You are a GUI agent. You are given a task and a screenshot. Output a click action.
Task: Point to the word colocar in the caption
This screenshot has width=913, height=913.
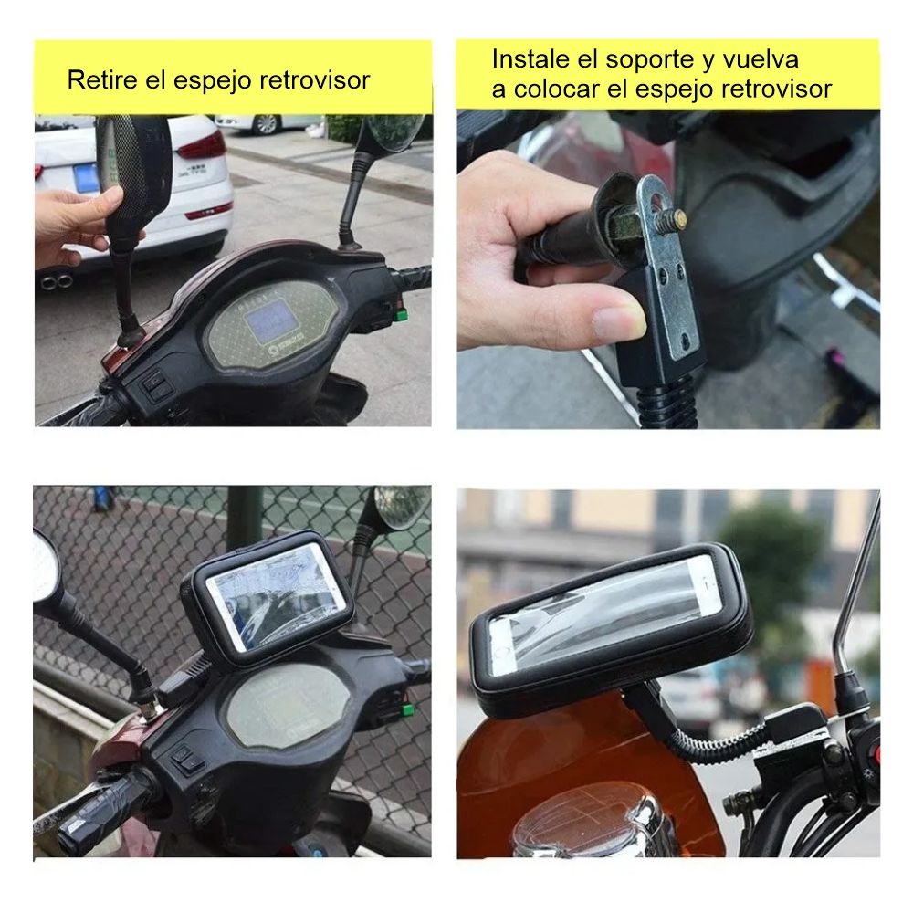(x=556, y=89)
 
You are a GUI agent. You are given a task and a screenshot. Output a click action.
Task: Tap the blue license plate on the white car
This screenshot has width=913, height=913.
(x=87, y=178)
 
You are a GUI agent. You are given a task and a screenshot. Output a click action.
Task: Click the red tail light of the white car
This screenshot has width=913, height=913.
(x=202, y=146)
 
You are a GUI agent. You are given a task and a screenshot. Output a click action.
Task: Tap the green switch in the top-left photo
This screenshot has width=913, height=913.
(x=401, y=316)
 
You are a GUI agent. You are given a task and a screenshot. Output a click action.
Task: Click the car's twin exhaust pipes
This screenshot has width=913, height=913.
(x=56, y=282)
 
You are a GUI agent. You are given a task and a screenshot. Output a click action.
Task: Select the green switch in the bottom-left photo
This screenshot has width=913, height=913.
(x=406, y=709)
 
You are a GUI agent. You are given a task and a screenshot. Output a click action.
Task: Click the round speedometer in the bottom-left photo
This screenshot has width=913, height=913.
(x=287, y=707)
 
